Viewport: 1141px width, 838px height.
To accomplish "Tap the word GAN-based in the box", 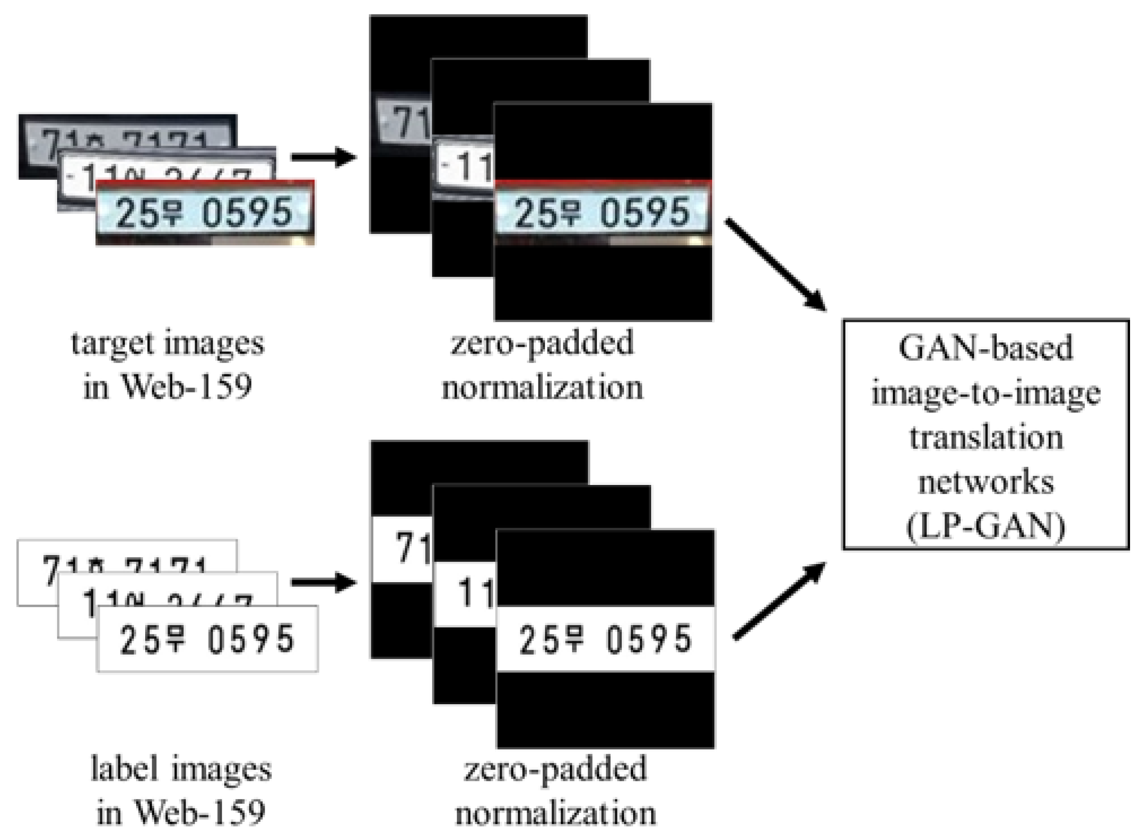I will click(x=985, y=348).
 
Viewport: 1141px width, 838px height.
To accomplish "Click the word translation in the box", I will click(x=985, y=437).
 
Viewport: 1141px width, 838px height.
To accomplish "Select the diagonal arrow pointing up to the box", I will click(x=779, y=601).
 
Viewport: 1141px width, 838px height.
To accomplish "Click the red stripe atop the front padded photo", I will click(x=603, y=183).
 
